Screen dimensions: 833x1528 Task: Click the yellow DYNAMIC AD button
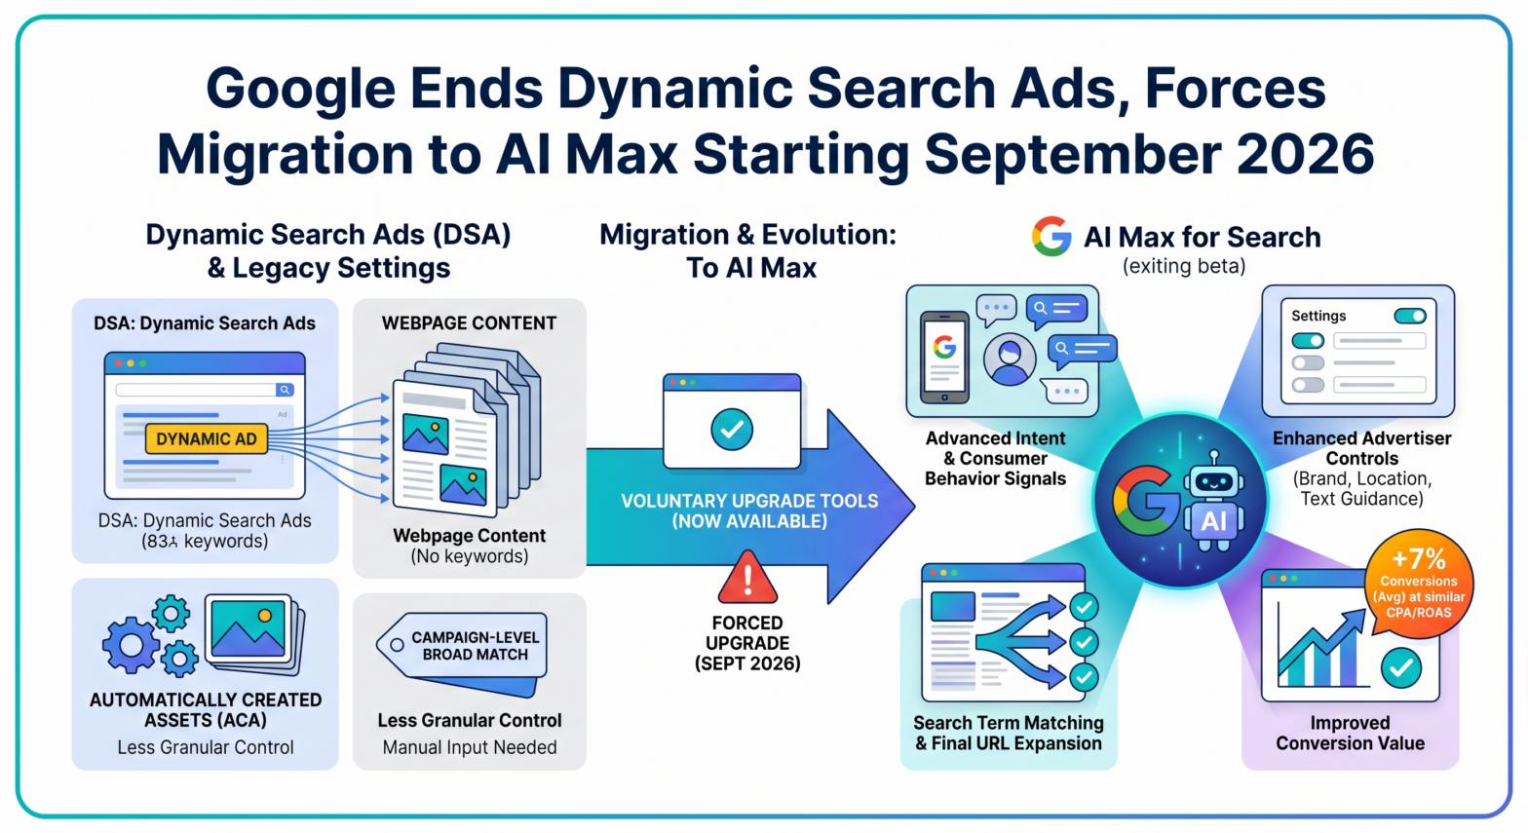click(x=206, y=438)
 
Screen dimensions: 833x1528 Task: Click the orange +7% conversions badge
click(x=1418, y=584)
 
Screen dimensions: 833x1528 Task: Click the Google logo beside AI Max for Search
click(x=1051, y=237)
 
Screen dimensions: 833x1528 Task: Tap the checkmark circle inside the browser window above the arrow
click(x=732, y=429)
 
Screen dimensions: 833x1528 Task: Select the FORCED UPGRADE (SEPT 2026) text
click(x=747, y=643)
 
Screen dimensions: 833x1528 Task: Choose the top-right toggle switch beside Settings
click(x=1409, y=316)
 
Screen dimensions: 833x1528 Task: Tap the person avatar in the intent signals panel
click(x=1010, y=359)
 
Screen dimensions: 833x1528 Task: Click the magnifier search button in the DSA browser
click(x=285, y=390)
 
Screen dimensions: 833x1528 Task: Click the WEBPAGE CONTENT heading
click(x=469, y=323)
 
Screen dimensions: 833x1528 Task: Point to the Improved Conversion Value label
click(x=1350, y=733)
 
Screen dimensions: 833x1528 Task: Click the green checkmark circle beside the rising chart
click(x=1401, y=667)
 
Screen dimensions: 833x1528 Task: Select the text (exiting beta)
click(x=1184, y=266)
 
